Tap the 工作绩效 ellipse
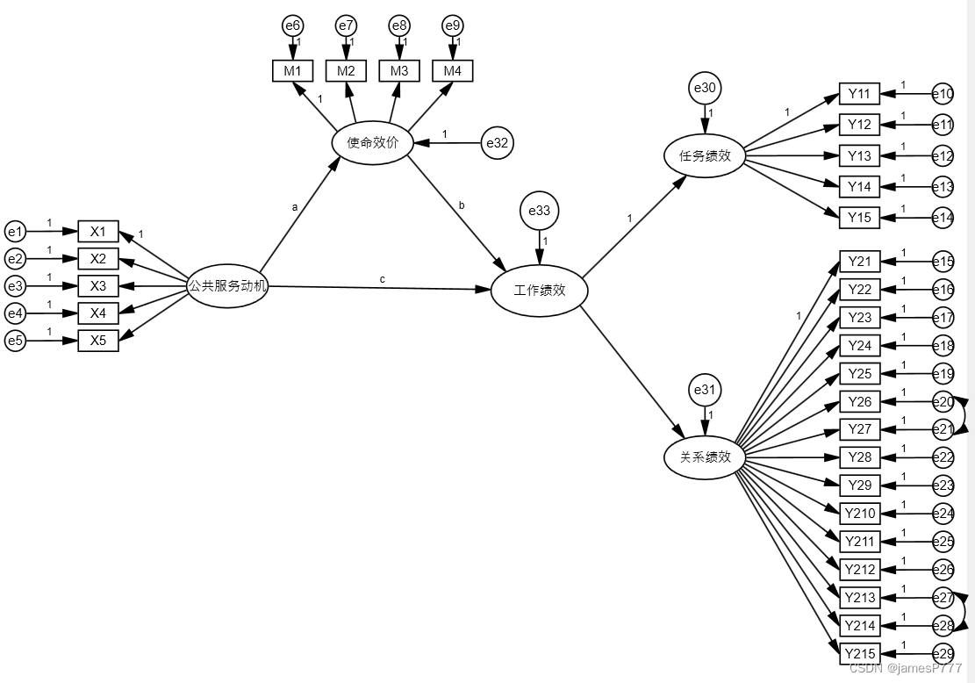tap(539, 290)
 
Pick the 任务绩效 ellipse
tap(705, 155)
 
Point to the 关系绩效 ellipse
tap(705, 457)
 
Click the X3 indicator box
tap(98, 286)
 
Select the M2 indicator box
tap(347, 70)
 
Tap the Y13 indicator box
tap(859, 156)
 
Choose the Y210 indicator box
tap(859, 513)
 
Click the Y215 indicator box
tap(859, 654)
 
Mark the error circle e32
tap(498, 143)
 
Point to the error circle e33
tap(539, 211)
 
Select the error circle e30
tap(705, 88)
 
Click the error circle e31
tap(705, 390)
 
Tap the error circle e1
tap(15, 232)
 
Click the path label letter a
tap(295, 208)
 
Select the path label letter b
tap(461, 205)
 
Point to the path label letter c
tap(382, 279)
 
